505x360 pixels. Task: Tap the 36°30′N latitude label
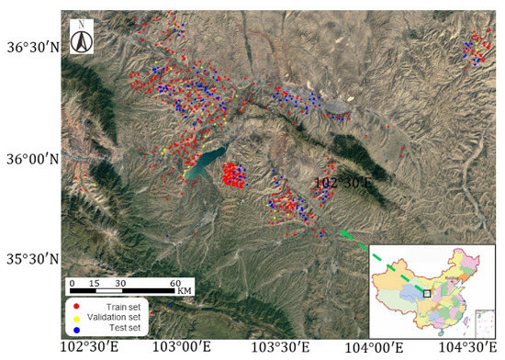[34, 46]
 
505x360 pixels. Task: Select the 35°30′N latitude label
[34, 258]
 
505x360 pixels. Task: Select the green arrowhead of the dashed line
[344, 234]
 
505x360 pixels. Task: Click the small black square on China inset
[427, 293]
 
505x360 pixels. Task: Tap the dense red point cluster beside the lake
[235, 174]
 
